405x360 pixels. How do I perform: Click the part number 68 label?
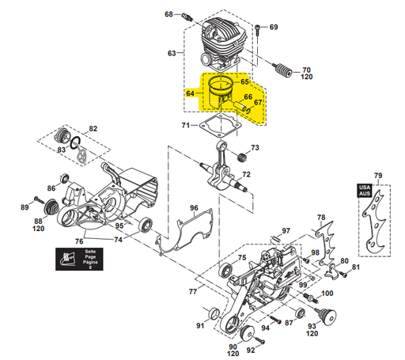(x=168, y=14)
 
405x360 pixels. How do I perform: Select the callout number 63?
(x=172, y=53)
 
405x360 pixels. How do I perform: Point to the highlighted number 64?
(x=190, y=93)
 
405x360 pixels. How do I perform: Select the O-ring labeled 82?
(x=74, y=143)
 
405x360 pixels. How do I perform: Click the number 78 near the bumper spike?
(x=320, y=217)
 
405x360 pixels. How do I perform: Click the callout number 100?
(x=327, y=294)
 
